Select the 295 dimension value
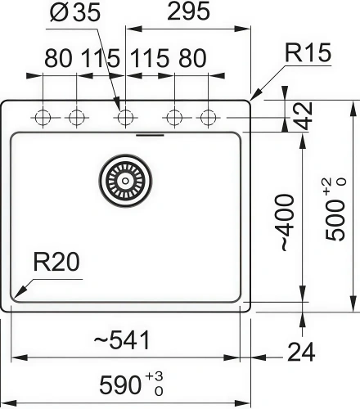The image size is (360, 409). (187, 13)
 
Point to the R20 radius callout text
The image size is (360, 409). (56, 263)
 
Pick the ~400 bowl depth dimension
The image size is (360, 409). (284, 222)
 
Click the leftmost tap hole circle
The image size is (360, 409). (42, 118)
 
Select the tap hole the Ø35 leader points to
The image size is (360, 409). (124, 118)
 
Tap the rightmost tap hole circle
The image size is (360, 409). (208, 118)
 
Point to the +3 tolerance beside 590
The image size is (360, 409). (154, 375)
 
